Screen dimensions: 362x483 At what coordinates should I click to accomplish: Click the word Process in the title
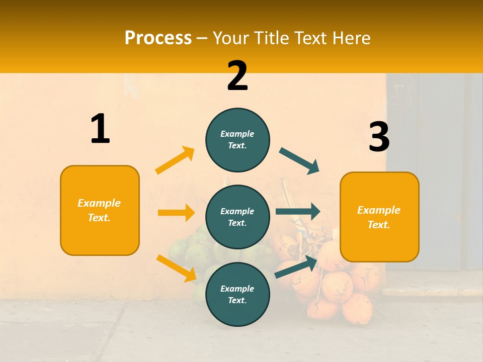pos(158,38)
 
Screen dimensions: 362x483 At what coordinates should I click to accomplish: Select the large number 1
pos(100,129)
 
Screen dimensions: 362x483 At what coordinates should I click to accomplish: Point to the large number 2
pos(237,76)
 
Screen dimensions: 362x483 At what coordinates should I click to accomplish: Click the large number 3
pos(379,137)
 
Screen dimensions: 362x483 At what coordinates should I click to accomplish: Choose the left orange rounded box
pos(100,210)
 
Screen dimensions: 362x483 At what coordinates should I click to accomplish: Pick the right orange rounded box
pos(379,217)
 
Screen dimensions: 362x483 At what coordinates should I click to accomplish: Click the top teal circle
pos(237,140)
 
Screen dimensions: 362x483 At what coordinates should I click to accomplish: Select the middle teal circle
pos(237,217)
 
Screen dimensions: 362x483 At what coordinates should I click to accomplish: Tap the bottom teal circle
pos(237,295)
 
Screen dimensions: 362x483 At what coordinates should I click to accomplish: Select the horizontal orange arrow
pos(176,213)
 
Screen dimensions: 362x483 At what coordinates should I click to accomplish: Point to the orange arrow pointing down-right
pos(176,267)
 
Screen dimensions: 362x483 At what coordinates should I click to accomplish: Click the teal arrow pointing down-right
pos(299,161)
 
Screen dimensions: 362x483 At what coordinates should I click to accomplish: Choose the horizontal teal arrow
pos(297,211)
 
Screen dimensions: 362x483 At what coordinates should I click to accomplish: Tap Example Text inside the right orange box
pos(379,217)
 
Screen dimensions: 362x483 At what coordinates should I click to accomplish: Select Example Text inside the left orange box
pos(99,210)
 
